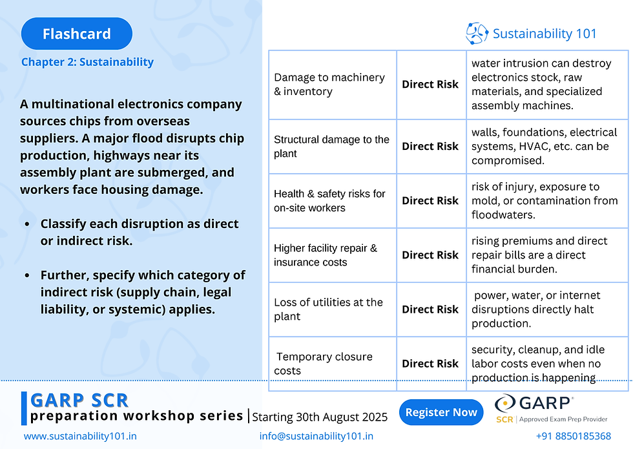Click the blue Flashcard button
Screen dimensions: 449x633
pyautogui.click(x=76, y=34)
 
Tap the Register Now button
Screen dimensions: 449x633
pyautogui.click(x=441, y=412)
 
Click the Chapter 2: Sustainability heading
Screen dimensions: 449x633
pyautogui.click(x=87, y=62)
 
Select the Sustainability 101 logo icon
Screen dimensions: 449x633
pyautogui.click(x=477, y=34)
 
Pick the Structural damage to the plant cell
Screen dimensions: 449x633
pyautogui.click(x=331, y=147)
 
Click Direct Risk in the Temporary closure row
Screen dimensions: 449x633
pyautogui.click(x=430, y=364)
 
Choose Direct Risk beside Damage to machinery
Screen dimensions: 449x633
pyautogui.click(x=430, y=85)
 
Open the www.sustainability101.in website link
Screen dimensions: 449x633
pyautogui.click(x=80, y=436)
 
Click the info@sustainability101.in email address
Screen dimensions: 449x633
pyautogui.click(x=316, y=436)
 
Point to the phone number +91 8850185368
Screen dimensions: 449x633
pyautogui.click(x=573, y=436)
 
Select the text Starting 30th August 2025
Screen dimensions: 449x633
pyautogui.click(x=320, y=417)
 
